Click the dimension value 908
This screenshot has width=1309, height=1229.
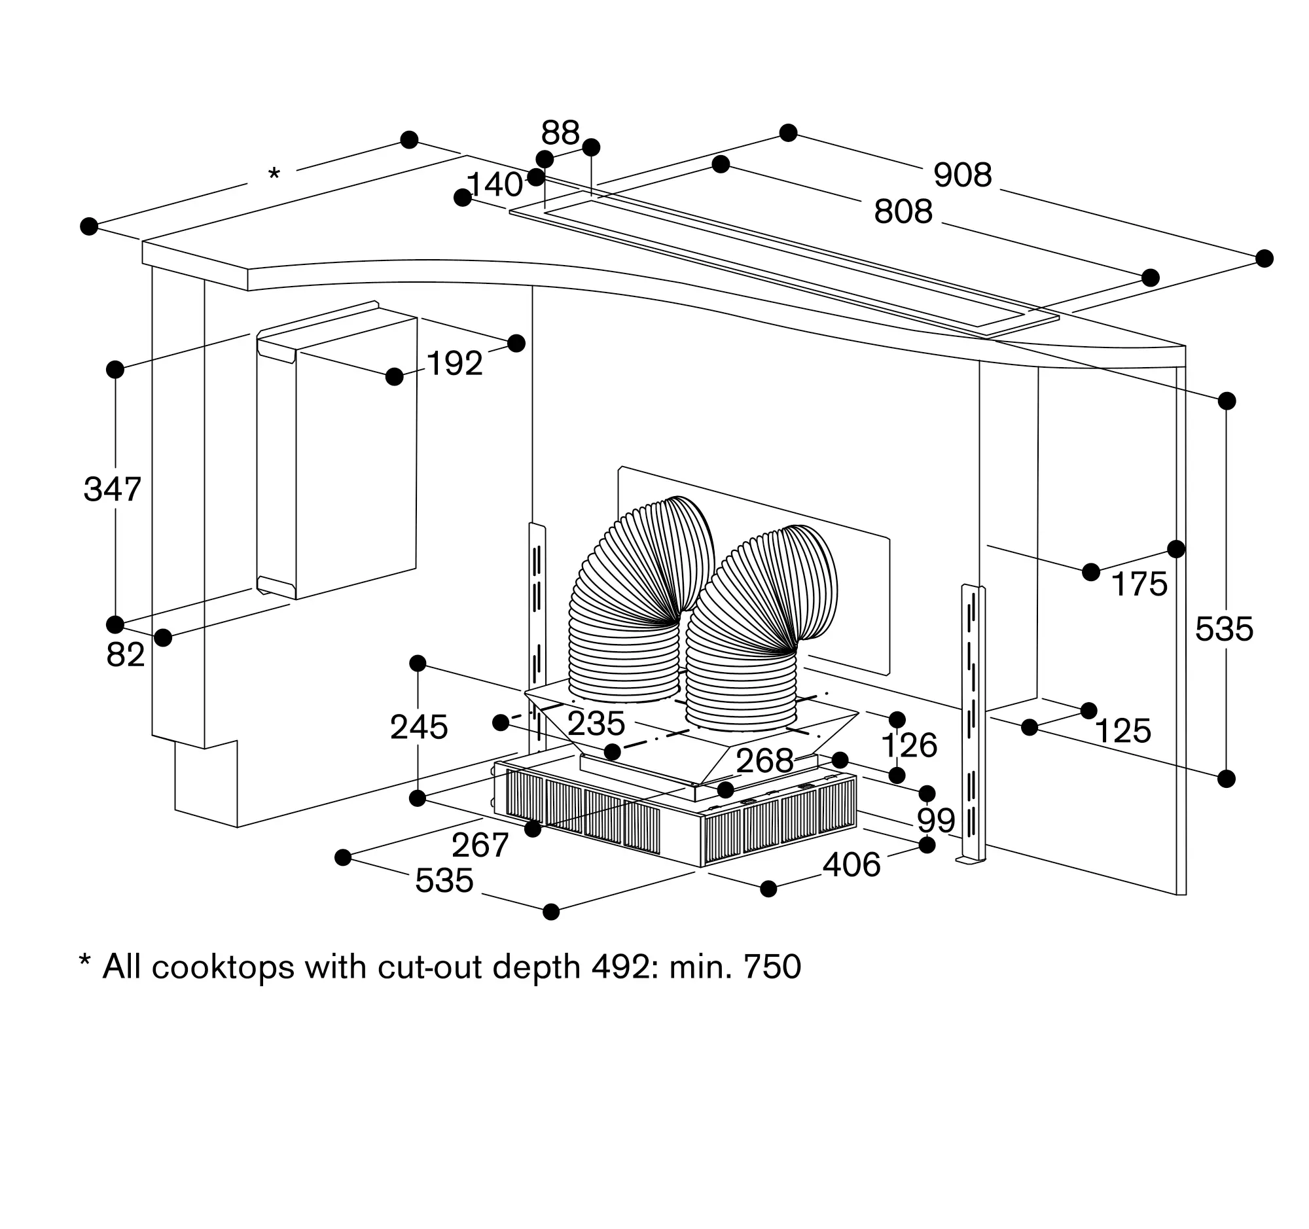pyautogui.click(x=962, y=176)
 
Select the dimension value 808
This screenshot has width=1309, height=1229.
pyautogui.click(x=903, y=212)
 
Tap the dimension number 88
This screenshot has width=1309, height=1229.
pyautogui.click(x=560, y=133)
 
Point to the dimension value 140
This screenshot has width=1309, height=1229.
pyautogui.click(x=494, y=185)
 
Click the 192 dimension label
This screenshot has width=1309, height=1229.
pyautogui.click(x=454, y=363)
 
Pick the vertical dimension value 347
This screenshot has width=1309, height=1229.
pyautogui.click(x=112, y=490)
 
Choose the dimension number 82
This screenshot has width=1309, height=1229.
pyautogui.click(x=125, y=655)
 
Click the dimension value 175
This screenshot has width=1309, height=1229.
pyautogui.click(x=1139, y=584)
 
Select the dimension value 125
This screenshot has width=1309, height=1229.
pyautogui.click(x=1122, y=732)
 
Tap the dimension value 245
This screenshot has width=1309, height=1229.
pyautogui.click(x=419, y=728)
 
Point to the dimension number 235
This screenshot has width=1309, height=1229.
pyautogui.click(x=596, y=724)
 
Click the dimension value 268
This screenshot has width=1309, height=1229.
pyautogui.click(x=764, y=762)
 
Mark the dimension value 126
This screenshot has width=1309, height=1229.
pyautogui.click(x=908, y=746)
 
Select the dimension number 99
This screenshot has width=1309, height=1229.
pyautogui.click(x=936, y=820)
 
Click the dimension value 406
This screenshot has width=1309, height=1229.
pyautogui.click(x=852, y=865)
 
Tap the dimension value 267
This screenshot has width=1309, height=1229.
pyautogui.click(x=480, y=846)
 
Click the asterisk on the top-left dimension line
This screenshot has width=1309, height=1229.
pyautogui.click(x=274, y=175)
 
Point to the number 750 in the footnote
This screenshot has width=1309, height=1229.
pyautogui.click(x=772, y=967)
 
